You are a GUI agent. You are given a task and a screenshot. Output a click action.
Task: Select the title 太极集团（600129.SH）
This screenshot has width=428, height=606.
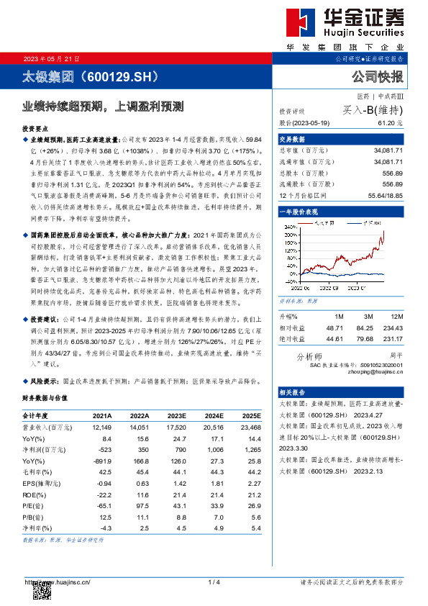click(88, 76)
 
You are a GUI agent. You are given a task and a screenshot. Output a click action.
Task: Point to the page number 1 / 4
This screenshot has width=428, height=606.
click(213, 582)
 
